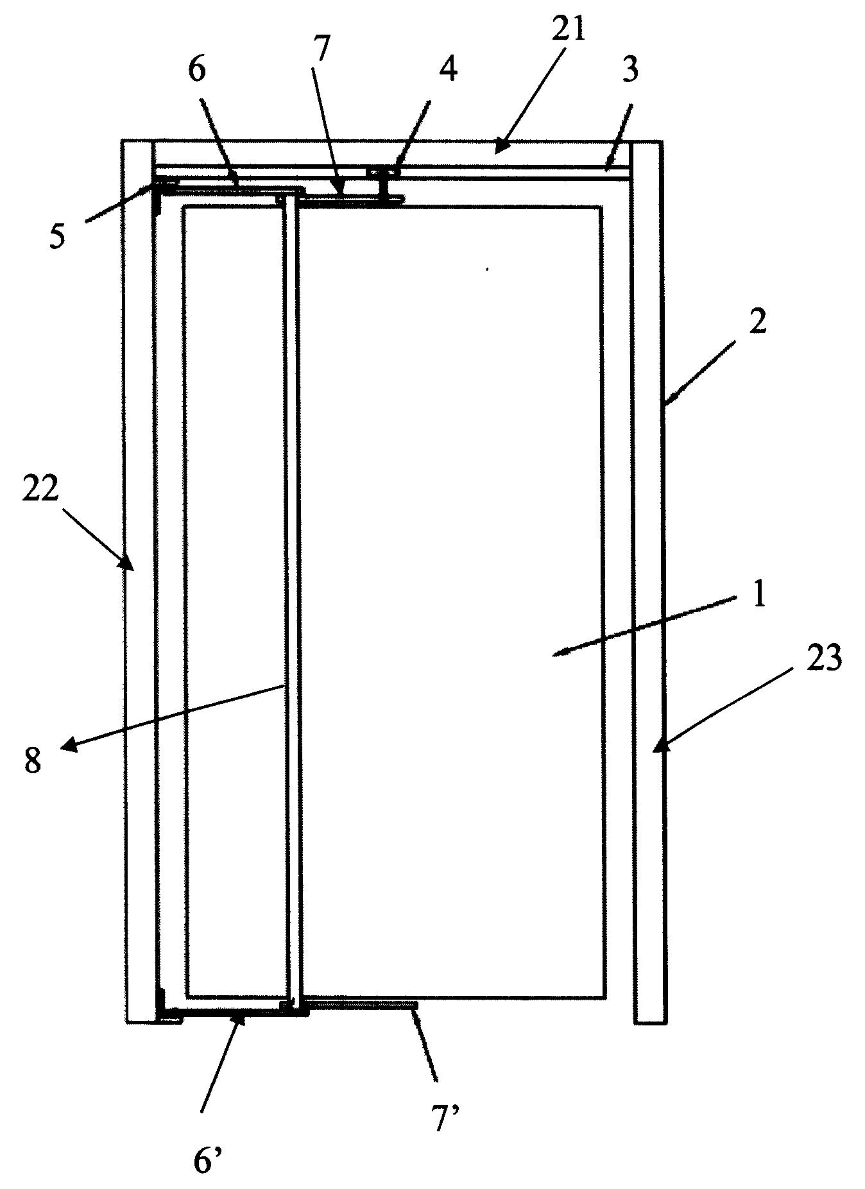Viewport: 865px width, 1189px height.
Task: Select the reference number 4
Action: point(449,69)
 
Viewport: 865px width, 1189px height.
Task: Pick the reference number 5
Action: point(58,237)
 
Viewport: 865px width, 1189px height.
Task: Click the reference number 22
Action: point(42,492)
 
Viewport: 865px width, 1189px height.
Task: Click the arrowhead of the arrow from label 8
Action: point(69,746)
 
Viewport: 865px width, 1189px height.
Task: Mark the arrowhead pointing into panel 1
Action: point(561,653)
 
